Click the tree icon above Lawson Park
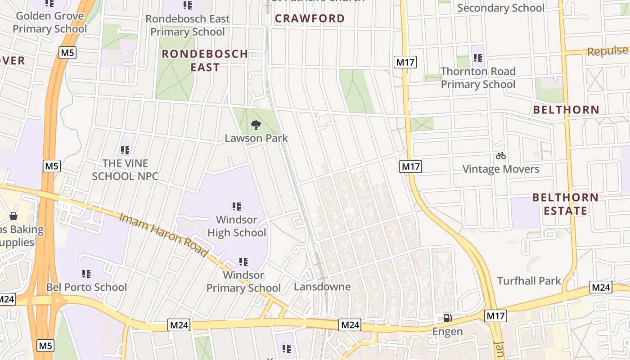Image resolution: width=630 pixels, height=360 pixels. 256,125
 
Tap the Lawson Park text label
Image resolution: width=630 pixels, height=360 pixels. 256,138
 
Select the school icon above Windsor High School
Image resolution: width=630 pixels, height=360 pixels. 237,207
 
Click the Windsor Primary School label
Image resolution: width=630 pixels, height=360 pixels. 243,281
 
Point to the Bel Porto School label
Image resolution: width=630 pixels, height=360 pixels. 86,287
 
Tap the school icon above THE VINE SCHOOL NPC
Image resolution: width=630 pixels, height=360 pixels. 125,150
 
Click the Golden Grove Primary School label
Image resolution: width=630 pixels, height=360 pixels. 49,22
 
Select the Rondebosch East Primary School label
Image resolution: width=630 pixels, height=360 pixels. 187,25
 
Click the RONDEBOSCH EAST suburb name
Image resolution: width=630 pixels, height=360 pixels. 205,60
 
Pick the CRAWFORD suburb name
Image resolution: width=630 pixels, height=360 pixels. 310,18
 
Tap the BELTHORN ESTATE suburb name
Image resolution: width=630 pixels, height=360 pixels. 565,204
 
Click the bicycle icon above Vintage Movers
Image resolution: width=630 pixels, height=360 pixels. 501,156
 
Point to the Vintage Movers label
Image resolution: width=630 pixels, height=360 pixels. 501,169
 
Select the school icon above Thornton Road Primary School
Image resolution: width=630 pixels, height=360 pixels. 478,58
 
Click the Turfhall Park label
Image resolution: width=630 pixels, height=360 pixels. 529,281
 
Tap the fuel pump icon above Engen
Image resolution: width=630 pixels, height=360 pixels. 447,318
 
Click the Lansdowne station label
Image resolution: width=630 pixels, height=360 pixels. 322,287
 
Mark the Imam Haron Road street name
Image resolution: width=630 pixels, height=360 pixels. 164,235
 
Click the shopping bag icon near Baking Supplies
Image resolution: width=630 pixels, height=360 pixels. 14,216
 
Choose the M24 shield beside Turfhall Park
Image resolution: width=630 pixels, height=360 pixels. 601,287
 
